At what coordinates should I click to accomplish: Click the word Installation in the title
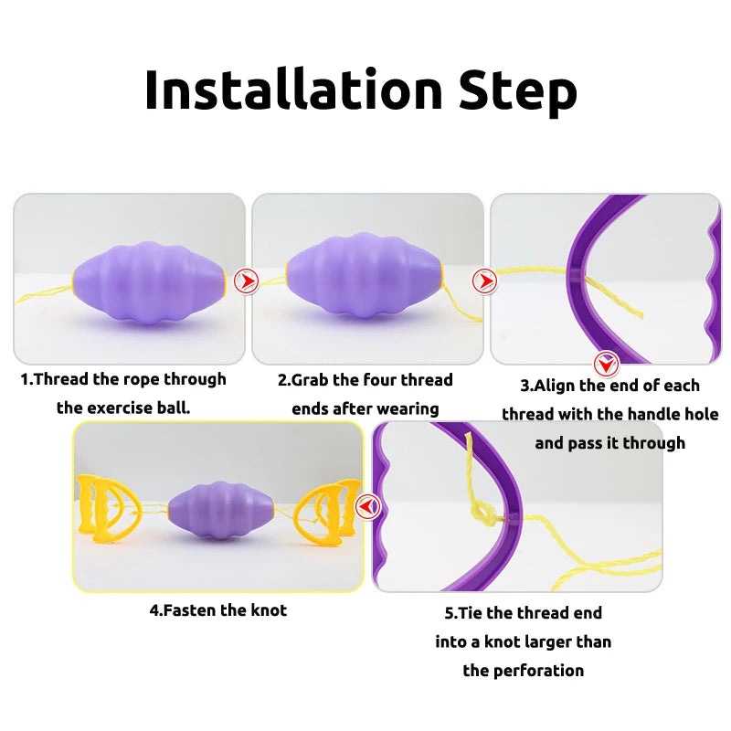tap(293, 90)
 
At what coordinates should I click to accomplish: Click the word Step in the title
tap(517, 92)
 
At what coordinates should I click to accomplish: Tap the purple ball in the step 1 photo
tap(149, 283)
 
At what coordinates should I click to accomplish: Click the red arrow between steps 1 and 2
tap(246, 281)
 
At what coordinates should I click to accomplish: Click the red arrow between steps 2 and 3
tap(485, 281)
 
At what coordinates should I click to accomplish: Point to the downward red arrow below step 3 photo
tap(606, 364)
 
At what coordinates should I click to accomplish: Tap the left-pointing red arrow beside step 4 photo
tap(367, 507)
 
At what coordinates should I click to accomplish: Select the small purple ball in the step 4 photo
tap(220, 511)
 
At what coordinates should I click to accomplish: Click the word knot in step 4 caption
tap(269, 609)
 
